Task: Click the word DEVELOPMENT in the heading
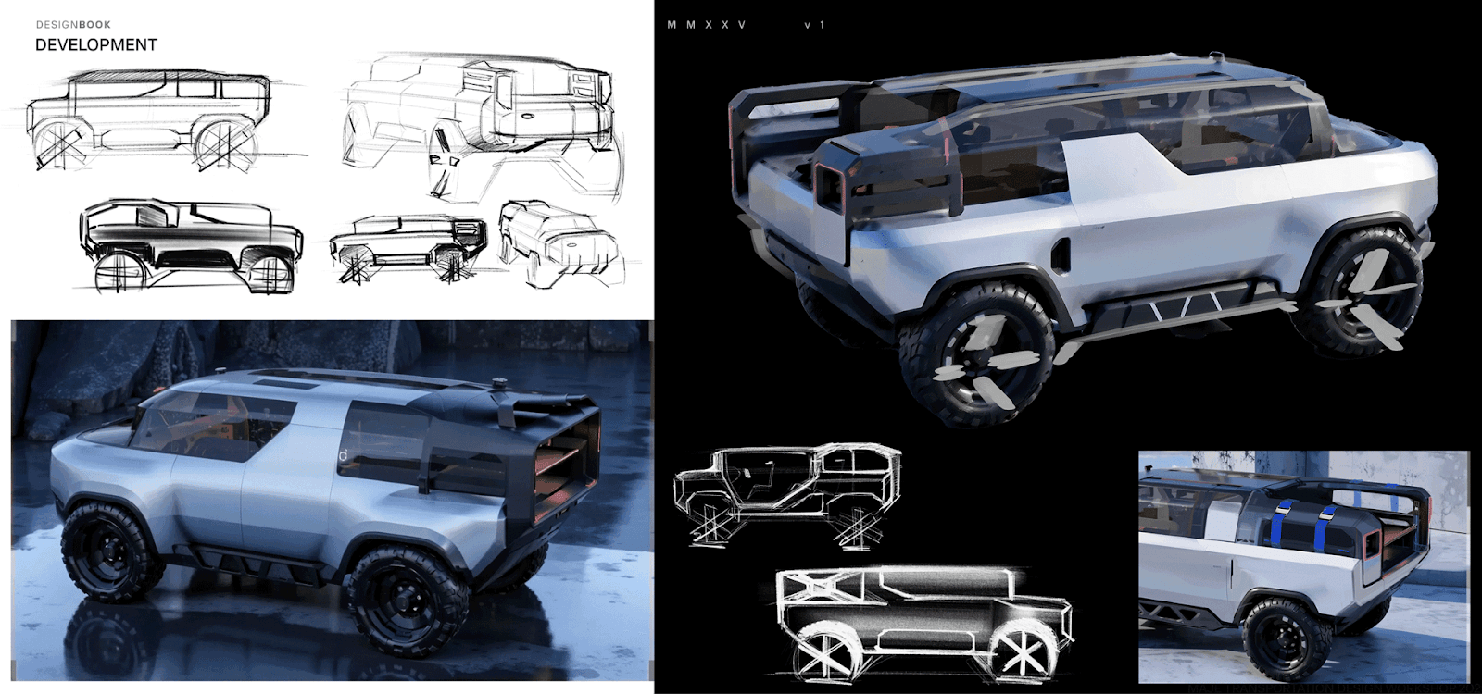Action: pos(96,44)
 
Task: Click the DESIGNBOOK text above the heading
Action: pos(73,25)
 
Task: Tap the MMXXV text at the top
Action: pos(706,25)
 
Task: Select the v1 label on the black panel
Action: pos(814,25)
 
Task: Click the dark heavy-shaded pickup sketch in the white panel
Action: pos(190,242)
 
